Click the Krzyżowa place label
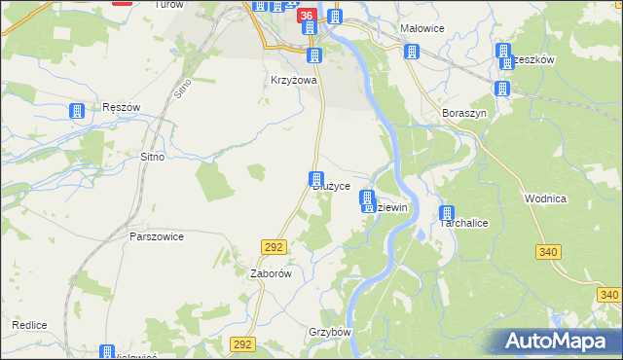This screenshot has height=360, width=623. pos(294,81)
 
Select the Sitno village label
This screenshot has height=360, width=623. pos(153,156)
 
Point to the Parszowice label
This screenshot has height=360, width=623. pos(157,235)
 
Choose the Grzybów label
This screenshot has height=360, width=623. pos(329,331)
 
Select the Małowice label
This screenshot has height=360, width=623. pos(422,28)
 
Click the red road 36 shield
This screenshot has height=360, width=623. pos(308,16)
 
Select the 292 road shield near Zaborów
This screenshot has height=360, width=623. pos(273,249)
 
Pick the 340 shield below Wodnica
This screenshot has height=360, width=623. pos(547,252)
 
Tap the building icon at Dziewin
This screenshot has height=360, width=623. pos(368,201)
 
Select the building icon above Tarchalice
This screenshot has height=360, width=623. pos(447,214)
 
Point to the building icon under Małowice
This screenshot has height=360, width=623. pos(412,51)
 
